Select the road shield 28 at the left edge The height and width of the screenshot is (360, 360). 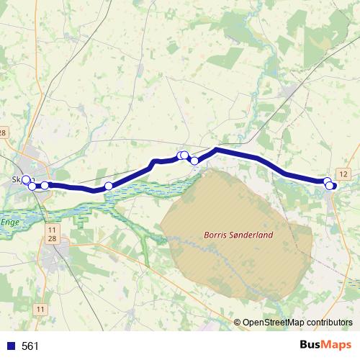tap(3, 132)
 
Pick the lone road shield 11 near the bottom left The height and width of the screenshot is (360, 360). tap(39, 309)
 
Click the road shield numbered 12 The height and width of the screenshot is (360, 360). tap(343, 174)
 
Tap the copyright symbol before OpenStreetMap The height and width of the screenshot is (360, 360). tap(238, 323)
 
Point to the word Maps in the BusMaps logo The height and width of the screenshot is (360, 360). tap(337, 346)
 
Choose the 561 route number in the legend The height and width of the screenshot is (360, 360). tap(30, 346)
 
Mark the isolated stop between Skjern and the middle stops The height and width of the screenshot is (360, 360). tap(109, 186)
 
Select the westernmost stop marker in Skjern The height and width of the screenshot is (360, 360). tap(26, 179)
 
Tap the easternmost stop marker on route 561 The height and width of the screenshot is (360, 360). tap(330, 186)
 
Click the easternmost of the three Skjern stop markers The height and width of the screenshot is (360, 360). tap(45, 185)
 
